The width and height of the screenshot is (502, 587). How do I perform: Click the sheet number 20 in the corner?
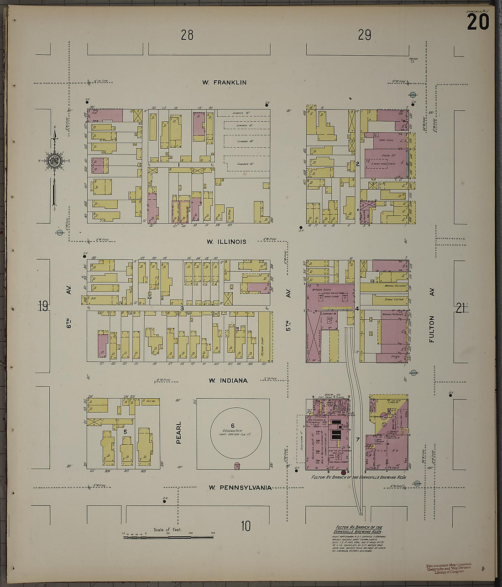478,21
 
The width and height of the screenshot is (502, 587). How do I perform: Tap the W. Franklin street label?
225,83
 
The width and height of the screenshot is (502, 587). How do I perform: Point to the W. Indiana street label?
228,380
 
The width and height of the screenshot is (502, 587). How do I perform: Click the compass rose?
54,160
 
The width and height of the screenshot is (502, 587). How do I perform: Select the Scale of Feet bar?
168,537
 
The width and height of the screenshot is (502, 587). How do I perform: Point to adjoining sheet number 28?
187,35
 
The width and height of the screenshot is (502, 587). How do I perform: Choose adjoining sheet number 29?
365,35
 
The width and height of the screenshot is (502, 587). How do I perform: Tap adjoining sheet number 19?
43,306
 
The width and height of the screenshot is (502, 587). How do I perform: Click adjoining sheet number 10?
246,526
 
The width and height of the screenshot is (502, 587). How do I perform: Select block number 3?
182,309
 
